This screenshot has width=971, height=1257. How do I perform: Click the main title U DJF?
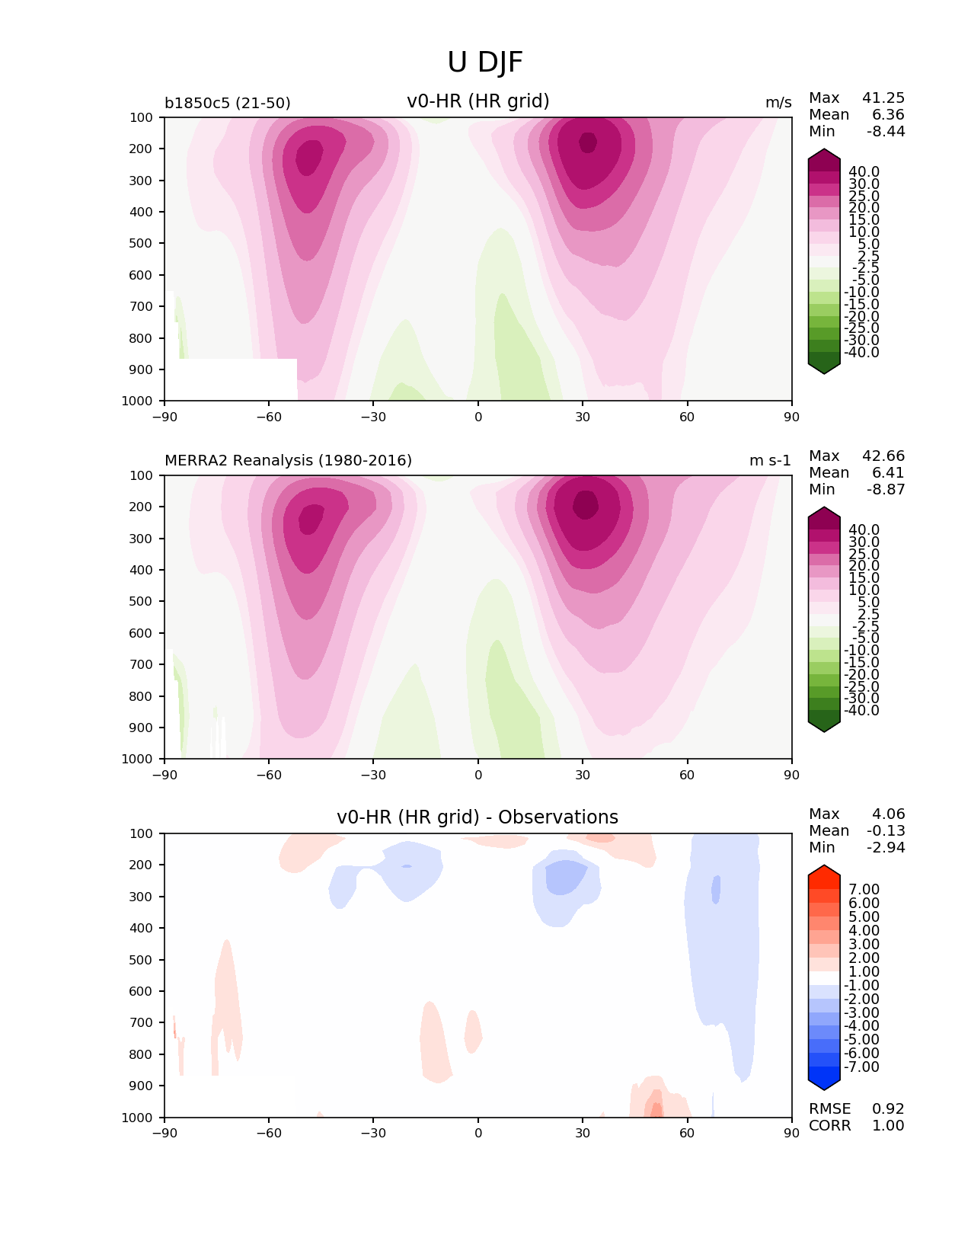coord(485,62)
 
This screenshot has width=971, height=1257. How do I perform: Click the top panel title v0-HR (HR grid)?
coord(478,101)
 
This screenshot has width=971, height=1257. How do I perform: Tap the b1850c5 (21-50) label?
coord(227,103)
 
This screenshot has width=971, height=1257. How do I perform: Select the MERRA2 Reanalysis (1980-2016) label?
coord(288,461)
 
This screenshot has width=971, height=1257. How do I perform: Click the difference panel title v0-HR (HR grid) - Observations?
coord(478,817)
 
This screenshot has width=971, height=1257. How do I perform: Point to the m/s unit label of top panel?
coord(778,103)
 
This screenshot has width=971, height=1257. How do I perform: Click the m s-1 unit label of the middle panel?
coord(770,461)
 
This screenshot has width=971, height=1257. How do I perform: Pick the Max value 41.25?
coord(883,98)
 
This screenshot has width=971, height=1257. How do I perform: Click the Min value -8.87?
coord(886,490)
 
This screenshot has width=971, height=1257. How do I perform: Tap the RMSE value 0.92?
coord(888,1109)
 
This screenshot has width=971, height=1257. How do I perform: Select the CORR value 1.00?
coord(888,1126)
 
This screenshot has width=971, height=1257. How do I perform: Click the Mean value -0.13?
coord(886,831)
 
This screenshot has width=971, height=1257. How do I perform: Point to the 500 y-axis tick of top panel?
coord(142,244)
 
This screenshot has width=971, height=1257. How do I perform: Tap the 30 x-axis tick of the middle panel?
coord(583,775)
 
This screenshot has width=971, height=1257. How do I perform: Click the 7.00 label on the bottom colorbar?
coord(864,890)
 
